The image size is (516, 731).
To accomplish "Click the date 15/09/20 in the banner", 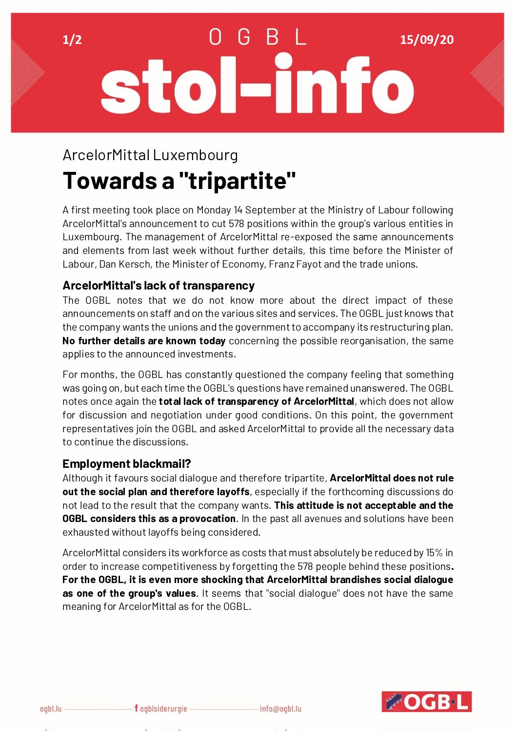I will [426, 40].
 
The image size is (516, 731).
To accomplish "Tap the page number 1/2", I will [72, 40].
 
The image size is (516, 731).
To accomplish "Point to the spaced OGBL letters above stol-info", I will [258, 37].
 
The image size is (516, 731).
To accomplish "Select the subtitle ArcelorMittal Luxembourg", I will [150, 155].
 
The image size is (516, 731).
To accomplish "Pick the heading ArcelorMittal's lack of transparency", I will [159, 286].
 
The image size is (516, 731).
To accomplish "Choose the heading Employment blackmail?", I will [127, 463].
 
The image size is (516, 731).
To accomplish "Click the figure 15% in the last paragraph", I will [434, 553].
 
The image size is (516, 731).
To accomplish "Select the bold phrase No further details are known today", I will [144, 341].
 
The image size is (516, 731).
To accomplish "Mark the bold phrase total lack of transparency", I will [225, 401].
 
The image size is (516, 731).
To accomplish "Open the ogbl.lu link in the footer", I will [51, 709].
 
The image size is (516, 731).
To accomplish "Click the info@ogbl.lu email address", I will [280, 709].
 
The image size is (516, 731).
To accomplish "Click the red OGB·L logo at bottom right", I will [426, 701].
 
